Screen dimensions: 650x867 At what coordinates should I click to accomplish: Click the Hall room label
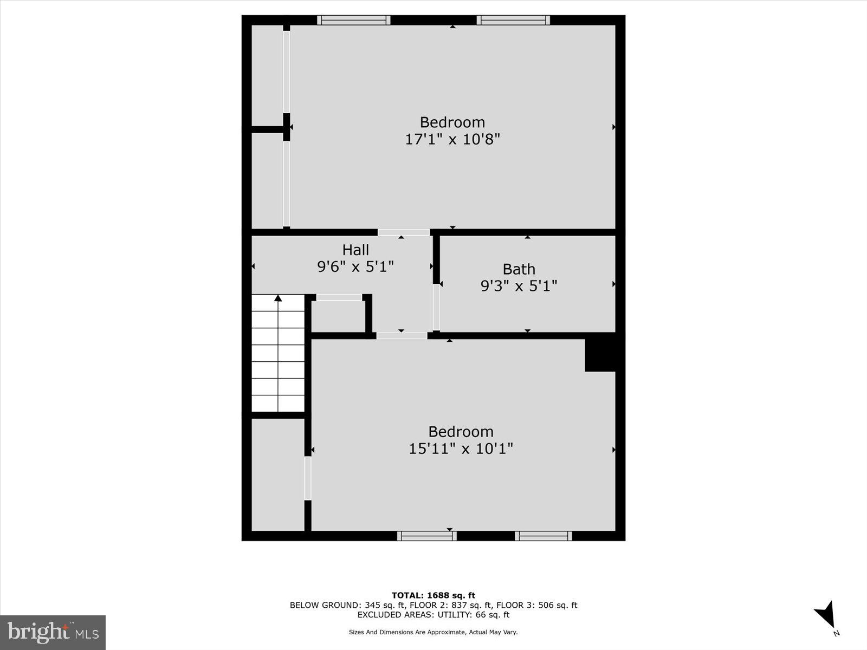click(x=355, y=250)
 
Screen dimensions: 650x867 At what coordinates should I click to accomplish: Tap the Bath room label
click(x=519, y=269)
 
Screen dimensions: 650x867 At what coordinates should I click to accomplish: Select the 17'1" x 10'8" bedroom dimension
click(x=452, y=139)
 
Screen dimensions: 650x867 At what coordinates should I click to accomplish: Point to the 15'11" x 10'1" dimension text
click(x=461, y=448)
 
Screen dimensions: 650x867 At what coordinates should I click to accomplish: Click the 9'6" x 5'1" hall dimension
click(x=355, y=266)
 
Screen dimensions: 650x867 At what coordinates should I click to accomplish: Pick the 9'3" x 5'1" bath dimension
click(x=519, y=285)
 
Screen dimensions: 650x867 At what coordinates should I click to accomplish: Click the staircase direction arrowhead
click(x=278, y=298)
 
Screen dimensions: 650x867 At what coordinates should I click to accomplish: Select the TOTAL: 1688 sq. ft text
click(x=433, y=595)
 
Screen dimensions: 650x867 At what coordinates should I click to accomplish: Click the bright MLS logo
click(x=53, y=632)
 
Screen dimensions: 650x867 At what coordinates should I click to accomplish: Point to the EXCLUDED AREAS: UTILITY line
click(x=433, y=615)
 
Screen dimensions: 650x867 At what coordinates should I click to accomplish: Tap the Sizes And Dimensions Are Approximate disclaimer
click(x=433, y=632)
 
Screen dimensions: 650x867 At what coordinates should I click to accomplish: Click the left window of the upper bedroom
click(x=353, y=20)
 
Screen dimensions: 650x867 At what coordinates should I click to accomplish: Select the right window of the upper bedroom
click(x=513, y=20)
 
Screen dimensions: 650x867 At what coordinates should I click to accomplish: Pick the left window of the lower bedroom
click(x=427, y=536)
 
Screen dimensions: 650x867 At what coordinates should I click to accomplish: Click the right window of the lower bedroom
click(x=544, y=536)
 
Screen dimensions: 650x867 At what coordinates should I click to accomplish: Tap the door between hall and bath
click(x=436, y=307)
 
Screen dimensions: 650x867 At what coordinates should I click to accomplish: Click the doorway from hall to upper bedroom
click(x=404, y=232)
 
